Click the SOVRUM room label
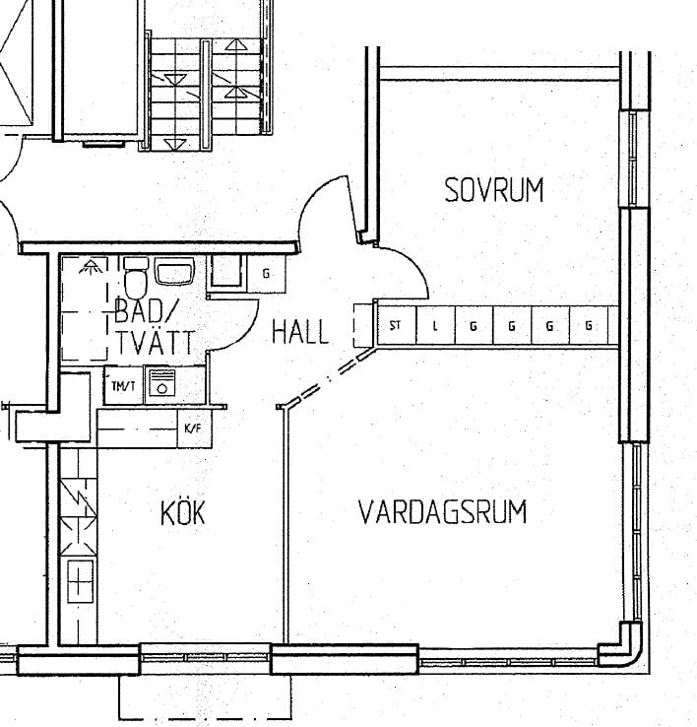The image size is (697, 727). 494,190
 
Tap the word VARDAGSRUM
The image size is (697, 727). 443,512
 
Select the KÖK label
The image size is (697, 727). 182,512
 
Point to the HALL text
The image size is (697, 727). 300,332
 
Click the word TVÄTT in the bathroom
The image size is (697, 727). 156,342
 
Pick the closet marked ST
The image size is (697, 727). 397,325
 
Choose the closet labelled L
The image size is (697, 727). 435,325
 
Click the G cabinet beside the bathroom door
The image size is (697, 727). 266,274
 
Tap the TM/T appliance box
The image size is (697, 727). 124,385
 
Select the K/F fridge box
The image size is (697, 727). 195,429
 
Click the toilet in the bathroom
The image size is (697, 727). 135,279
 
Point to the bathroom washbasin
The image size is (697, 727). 174,272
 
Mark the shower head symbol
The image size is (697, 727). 91,267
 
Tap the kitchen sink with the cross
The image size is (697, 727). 80,581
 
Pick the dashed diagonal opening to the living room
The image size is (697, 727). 328,377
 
